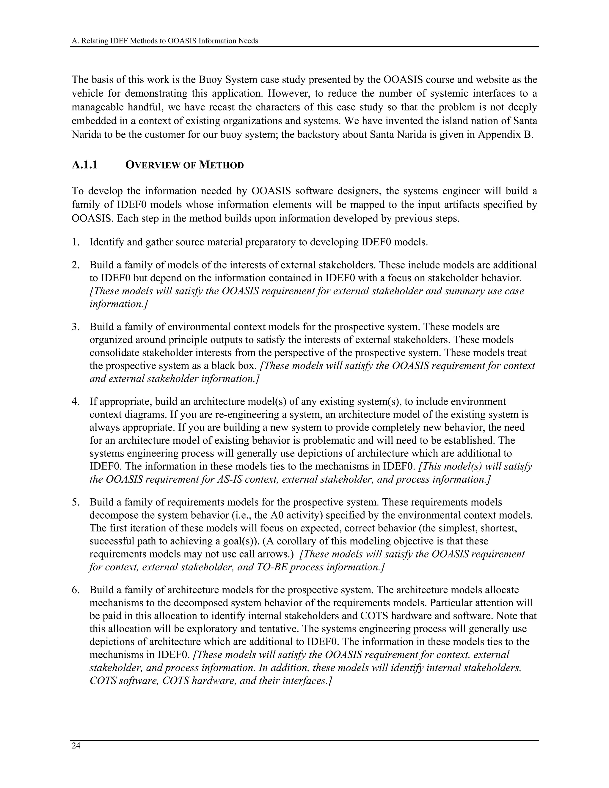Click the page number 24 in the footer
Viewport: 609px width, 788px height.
(x=76, y=746)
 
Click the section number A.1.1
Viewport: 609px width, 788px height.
(x=84, y=165)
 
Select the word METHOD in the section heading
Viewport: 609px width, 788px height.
(x=222, y=165)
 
